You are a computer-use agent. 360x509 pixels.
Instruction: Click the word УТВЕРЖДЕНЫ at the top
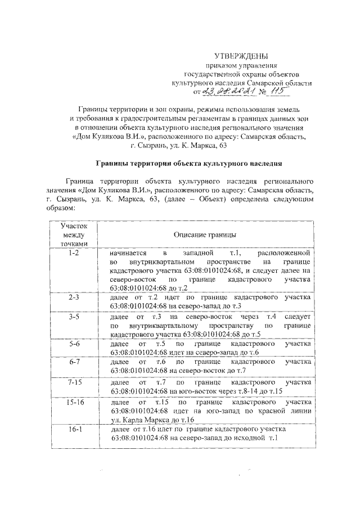(x=241, y=56)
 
